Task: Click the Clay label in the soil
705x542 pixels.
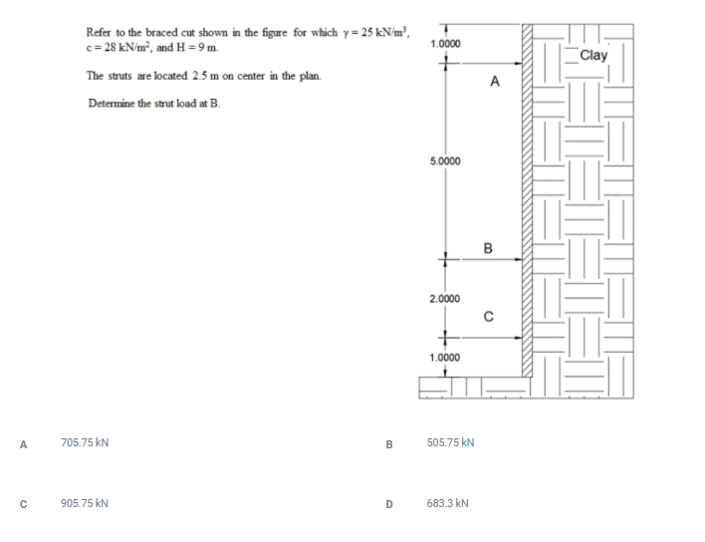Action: pos(592,56)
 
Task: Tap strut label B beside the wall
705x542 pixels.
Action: pos(488,247)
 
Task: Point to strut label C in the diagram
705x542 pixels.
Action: pos(489,318)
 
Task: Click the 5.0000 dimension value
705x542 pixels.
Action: pos(445,160)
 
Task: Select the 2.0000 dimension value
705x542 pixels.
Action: pos(445,299)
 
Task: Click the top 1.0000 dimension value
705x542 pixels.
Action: pos(445,45)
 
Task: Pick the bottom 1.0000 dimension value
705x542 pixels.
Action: pos(445,357)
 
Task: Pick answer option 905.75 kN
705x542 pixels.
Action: pos(85,503)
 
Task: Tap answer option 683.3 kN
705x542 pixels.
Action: pos(447,503)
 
